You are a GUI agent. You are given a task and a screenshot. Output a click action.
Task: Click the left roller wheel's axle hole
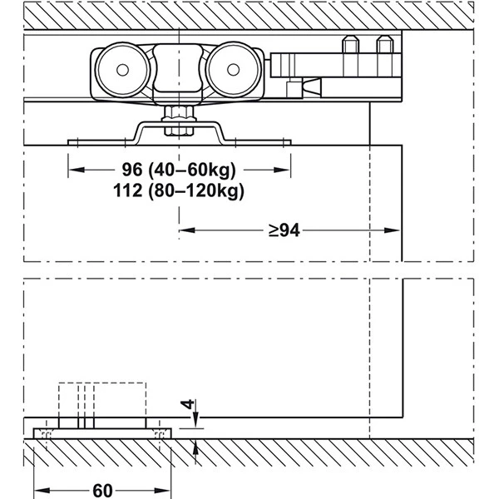pos(122,70)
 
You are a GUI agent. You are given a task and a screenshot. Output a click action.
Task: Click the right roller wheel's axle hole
pos(233,70)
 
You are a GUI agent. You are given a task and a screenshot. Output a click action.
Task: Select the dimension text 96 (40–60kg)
pos(179,170)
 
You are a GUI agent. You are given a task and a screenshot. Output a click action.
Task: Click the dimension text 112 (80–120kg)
pos(179,191)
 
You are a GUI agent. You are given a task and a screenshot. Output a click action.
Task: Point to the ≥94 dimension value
pos(284,230)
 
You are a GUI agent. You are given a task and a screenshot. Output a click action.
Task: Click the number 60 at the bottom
pos(102,491)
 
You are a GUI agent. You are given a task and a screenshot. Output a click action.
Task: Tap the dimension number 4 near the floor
pos(187,404)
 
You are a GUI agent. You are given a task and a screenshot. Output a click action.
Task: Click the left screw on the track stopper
pos(350,45)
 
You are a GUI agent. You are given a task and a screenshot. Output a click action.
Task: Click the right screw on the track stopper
pos(385,45)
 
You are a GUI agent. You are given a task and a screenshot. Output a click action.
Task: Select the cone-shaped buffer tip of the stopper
pos(312,87)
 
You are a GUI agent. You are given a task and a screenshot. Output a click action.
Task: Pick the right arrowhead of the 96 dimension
pos(282,170)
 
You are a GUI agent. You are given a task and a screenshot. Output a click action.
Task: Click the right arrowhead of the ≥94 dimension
pos(392,230)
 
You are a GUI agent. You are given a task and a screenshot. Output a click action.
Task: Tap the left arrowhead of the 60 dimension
pos(42,491)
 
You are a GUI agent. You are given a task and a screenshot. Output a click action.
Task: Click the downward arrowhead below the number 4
pos(195,420)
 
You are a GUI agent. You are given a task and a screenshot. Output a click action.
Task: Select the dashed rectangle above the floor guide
pos(102,400)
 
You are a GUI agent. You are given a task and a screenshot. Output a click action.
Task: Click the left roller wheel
pos(122,70)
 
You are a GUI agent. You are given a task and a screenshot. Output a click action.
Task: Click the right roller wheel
pos(233,70)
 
